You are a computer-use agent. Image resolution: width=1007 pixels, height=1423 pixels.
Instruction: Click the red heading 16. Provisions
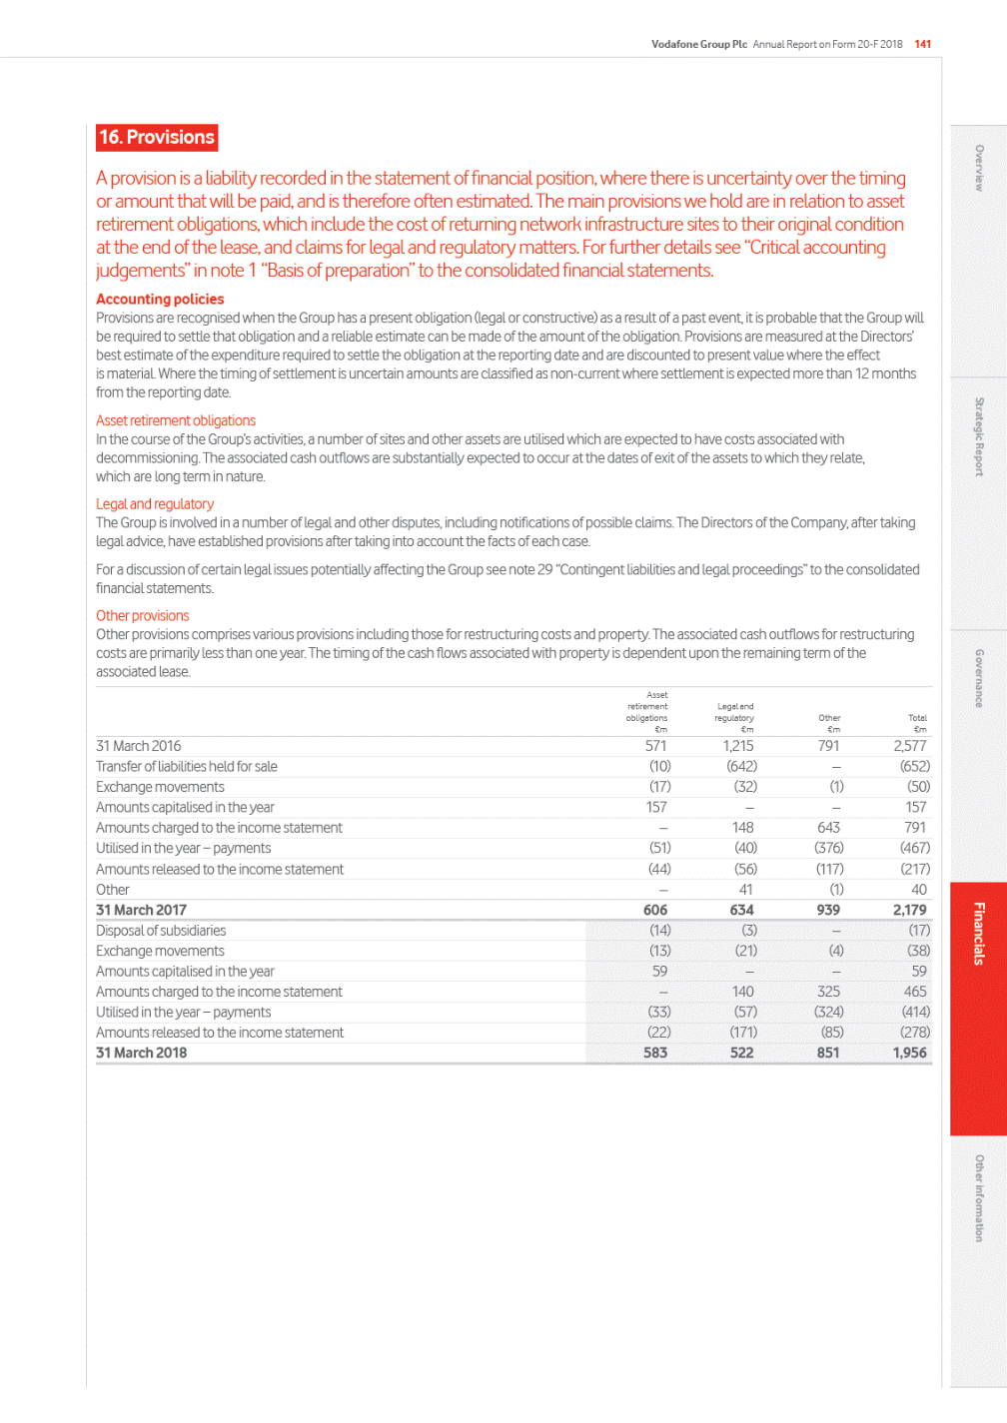pos(157,138)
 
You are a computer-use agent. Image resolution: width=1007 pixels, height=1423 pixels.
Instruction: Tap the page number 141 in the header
pos(923,44)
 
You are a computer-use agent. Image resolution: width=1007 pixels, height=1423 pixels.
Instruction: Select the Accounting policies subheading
pos(160,300)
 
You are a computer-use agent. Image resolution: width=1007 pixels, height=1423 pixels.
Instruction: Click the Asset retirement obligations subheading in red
pos(176,421)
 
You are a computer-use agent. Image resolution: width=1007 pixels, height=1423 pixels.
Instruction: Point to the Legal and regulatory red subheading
pos(155,504)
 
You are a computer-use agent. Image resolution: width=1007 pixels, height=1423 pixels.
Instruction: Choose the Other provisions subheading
pos(143,616)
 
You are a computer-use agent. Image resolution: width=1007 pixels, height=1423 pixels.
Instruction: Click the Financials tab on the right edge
pos(979,934)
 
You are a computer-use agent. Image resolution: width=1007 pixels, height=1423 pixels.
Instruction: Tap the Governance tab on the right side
pos(979,679)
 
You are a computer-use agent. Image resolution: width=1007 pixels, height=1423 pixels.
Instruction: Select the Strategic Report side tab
pos(979,436)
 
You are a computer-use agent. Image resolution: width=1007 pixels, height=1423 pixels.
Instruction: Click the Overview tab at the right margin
pos(979,168)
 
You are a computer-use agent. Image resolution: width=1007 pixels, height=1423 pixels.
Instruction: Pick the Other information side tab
pos(979,1198)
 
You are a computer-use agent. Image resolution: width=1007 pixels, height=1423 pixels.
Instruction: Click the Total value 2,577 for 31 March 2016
pos(910,746)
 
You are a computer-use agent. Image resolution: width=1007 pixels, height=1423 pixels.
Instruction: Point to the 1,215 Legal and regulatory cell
pos(738,746)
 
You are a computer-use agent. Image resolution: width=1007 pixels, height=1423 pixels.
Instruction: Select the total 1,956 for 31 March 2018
pos(910,1053)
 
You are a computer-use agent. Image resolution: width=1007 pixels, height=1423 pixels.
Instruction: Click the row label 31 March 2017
pos(141,910)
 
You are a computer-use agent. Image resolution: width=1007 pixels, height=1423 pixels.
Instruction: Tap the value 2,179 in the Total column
pos(910,910)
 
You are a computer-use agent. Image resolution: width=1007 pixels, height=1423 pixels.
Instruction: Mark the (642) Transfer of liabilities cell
pos(741,766)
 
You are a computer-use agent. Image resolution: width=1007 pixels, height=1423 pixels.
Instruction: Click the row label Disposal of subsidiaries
pos(161,931)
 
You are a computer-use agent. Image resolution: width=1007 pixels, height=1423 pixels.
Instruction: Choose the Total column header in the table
pos(918,718)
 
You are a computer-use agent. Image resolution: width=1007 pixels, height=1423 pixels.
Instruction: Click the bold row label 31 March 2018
pos(141,1053)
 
